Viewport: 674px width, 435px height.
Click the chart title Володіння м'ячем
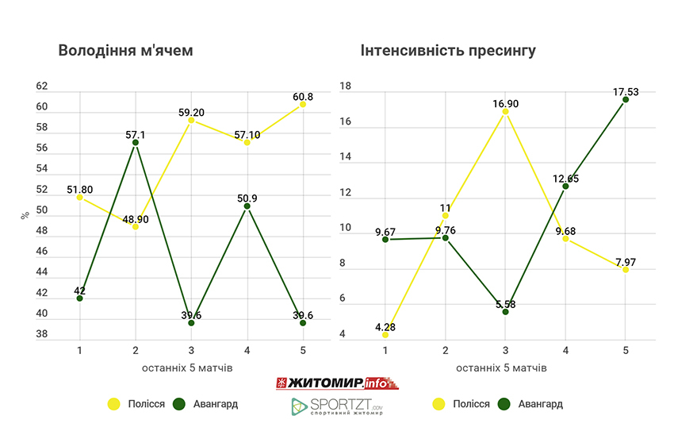coord(126,51)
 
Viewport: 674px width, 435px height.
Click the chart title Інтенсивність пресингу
coord(448,51)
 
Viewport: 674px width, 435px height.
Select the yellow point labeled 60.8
coord(303,104)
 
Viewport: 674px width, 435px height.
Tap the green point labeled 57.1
coord(136,142)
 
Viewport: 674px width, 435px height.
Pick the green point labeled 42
coord(80,298)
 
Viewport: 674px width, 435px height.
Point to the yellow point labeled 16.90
coord(506,112)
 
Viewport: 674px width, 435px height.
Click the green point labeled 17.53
coord(626,99)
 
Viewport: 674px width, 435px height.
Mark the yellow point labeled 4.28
coord(385,334)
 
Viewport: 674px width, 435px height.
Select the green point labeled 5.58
coord(506,311)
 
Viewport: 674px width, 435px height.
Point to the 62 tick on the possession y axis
coord(42,86)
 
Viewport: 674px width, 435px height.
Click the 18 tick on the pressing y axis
coord(344,86)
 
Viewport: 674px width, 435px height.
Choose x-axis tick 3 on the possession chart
coord(191,350)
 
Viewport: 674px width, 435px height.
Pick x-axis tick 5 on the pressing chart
coord(626,350)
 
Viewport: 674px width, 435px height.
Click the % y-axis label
coord(25,215)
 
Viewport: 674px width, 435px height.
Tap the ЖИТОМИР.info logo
coord(336,383)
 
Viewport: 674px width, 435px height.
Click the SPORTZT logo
coord(336,406)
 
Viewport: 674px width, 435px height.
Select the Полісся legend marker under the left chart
coord(113,404)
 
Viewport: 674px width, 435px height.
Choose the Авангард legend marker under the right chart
coord(504,404)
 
